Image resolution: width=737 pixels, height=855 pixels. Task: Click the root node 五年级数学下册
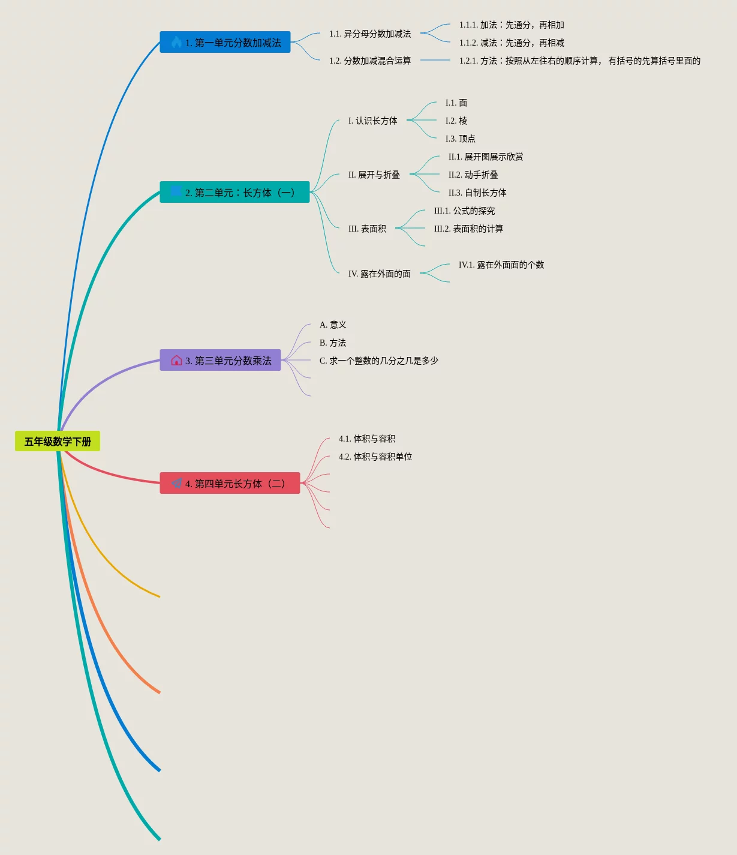(x=58, y=442)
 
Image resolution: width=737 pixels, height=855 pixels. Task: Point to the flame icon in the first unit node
(x=176, y=42)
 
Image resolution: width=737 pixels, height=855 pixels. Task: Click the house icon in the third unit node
(x=176, y=361)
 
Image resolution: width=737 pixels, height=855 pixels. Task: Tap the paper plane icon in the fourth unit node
(x=177, y=483)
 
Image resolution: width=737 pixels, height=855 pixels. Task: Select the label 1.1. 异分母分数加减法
(x=370, y=34)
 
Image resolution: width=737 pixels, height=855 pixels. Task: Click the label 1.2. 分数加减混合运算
(x=370, y=61)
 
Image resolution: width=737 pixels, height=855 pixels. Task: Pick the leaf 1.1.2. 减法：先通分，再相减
(x=512, y=43)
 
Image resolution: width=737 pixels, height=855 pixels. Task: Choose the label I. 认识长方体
(x=372, y=121)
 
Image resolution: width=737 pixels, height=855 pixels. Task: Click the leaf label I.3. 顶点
(x=460, y=139)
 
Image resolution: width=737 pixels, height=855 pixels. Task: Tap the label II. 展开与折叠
(x=374, y=175)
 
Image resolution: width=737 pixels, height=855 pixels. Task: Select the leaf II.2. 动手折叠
(x=473, y=175)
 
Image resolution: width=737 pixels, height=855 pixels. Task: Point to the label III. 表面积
(x=367, y=229)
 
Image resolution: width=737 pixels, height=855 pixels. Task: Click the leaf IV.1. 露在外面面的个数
(x=501, y=265)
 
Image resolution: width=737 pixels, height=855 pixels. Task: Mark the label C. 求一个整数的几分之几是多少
(x=378, y=361)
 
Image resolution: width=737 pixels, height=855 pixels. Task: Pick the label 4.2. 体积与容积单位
(x=375, y=457)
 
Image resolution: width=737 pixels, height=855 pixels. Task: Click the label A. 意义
(x=333, y=325)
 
